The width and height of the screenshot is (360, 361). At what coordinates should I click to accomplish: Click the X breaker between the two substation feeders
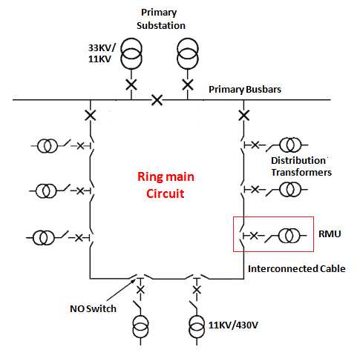coord(157,99)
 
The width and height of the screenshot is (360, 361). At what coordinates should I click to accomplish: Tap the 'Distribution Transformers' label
coord(300,166)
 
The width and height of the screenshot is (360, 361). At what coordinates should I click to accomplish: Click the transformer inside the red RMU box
coord(290,236)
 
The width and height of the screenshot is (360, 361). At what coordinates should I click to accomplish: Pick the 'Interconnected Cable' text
coord(296,268)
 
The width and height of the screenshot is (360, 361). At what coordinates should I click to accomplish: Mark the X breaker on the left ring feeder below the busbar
coord(91,116)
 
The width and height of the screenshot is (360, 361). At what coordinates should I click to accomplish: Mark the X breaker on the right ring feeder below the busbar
coord(243,116)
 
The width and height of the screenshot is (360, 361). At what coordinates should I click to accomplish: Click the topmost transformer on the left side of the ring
coord(47,145)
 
